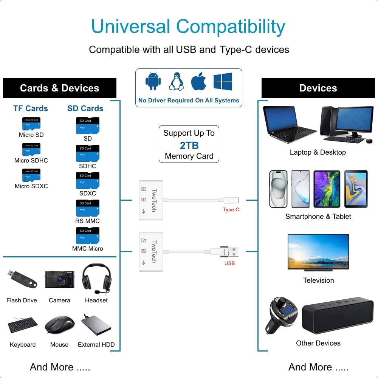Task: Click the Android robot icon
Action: [x=153, y=82]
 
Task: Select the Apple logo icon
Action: [x=198, y=82]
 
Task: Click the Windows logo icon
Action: [x=223, y=82]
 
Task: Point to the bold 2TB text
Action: [x=189, y=145]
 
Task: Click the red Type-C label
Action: [x=231, y=210]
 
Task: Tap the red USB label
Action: [x=229, y=263]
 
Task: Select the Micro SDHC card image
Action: [x=31, y=150]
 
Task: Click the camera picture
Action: [x=59, y=279]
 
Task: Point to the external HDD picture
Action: [x=96, y=325]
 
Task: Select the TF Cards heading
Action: [x=31, y=108]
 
